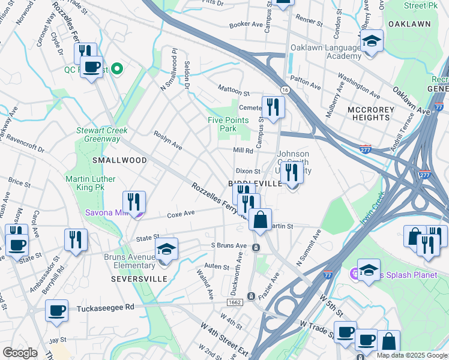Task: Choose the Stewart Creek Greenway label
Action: point(98,134)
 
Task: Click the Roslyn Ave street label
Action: point(168,140)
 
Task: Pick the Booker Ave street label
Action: point(246,25)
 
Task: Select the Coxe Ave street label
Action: point(181,214)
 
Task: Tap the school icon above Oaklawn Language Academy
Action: point(372,40)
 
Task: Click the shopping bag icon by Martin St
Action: point(261,220)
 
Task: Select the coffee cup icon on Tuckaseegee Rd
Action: point(57,310)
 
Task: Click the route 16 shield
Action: point(285,89)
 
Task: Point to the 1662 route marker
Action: point(235,302)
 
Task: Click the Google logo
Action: point(20,353)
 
